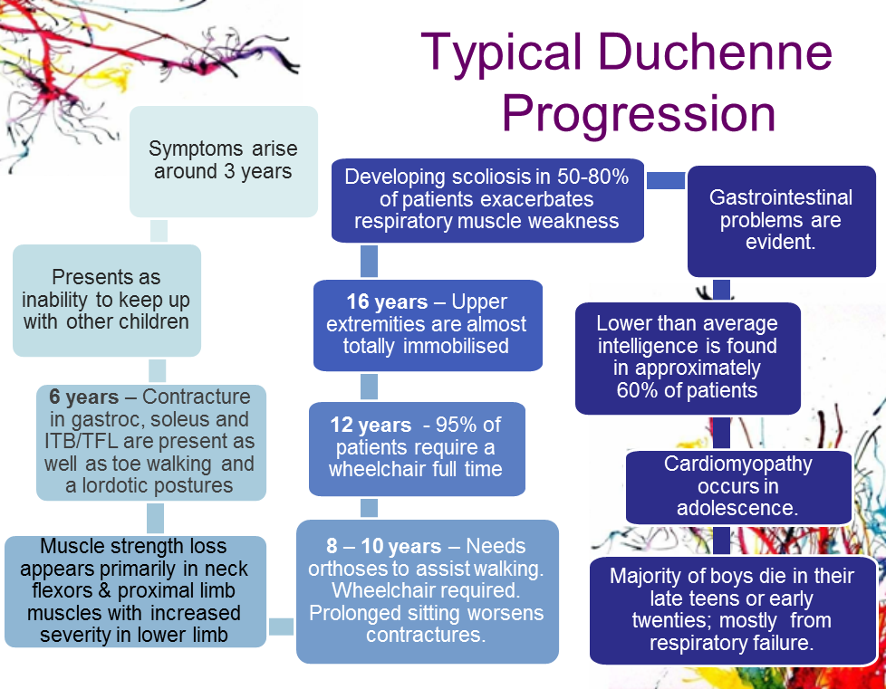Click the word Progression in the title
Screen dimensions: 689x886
tap(639, 115)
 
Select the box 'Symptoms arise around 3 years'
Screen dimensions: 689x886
tap(223, 161)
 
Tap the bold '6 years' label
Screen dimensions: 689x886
tap(84, 397)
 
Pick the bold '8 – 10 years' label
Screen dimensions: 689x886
tap(384, 547)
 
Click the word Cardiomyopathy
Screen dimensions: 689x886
tap(738, 464)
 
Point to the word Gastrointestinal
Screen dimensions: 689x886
tap(781, 197)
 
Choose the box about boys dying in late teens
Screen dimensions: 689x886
tap(736, 609)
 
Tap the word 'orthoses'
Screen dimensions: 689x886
tap(352, 569)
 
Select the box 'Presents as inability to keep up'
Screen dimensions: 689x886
tap(107, 300)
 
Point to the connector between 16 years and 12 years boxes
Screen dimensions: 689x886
tap(369, 387)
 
